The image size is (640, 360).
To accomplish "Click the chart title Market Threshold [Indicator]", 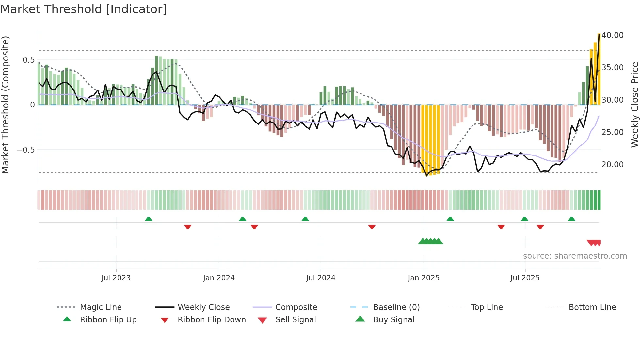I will pos(84,9).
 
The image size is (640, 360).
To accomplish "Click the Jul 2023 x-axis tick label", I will pos(116,278).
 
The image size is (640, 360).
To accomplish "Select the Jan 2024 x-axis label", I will pos(219,278).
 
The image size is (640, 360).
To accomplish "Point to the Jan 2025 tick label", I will pos(424,278).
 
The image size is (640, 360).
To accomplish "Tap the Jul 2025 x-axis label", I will pos(525,278).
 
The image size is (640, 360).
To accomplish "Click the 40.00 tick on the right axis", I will pos(613,35).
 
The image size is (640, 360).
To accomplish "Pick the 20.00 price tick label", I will pos(613,165).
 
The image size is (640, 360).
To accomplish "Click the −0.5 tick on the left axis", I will pos(25,150).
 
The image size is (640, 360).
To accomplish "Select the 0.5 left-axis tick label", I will pos(28,60).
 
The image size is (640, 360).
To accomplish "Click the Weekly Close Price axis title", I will pos(634,105).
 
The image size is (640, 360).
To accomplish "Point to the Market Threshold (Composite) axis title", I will pos(5,105).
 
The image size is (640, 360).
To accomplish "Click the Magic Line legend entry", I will pos(101,307).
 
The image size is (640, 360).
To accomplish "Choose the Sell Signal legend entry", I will pos(296,320).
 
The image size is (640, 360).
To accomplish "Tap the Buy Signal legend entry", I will pos(393,320).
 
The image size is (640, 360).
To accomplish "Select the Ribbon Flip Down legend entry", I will pos(212,320).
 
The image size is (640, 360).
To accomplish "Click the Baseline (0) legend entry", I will pos(396,307).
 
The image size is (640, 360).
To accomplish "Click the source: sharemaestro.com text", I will pos(575,256).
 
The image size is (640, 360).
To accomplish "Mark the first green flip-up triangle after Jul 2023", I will pos(149,219).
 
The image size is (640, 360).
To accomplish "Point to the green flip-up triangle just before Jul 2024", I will pos(305,219).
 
